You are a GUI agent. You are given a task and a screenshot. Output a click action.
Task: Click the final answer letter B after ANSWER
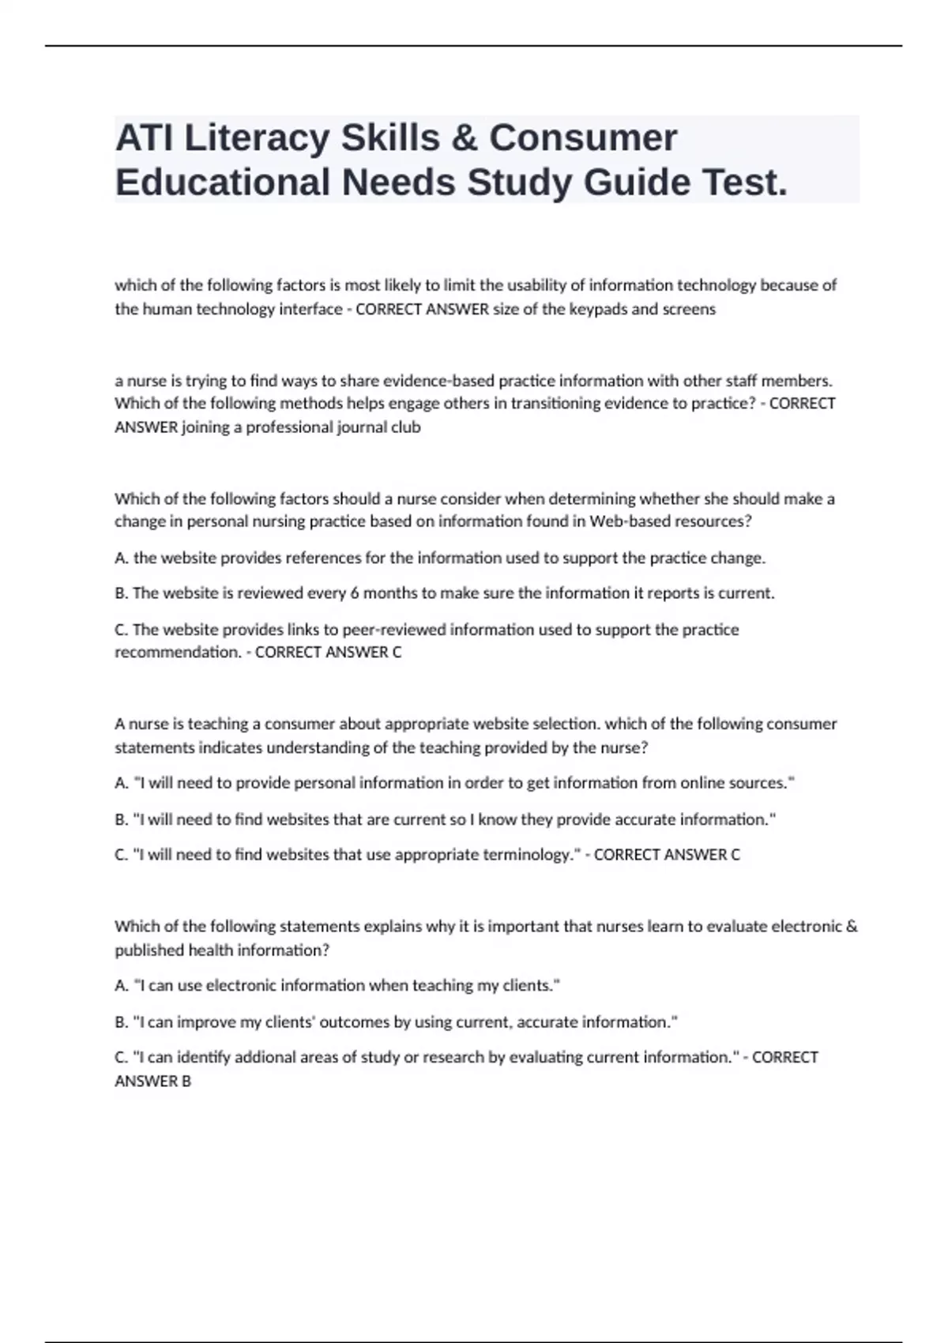(186, 1082)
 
